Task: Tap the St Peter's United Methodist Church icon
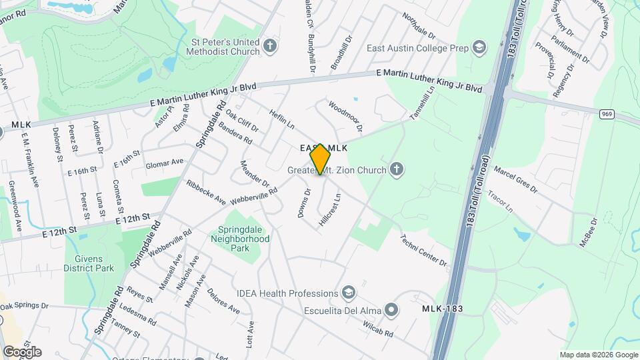tap(269, 46)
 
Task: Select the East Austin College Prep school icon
tap(479, 47)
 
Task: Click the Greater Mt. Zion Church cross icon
tap(397, 169)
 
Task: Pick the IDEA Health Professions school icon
tap(348, 293)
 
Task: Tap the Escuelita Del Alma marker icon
tap(392, 309)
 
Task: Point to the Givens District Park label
tap(89, 263)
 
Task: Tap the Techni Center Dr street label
tap(423, 250)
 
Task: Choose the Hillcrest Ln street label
tap(330, 209)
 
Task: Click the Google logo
tap(22, 352)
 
